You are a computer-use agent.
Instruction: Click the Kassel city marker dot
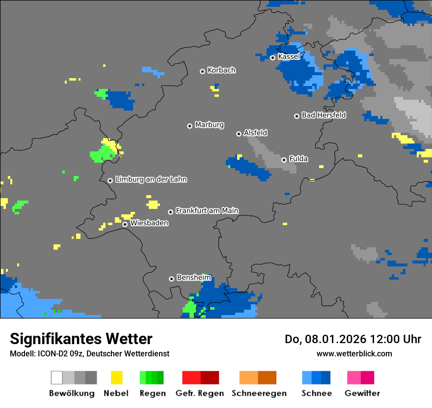point(272,58)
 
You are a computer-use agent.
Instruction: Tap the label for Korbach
point(221,70)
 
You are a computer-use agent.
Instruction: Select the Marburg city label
point(209,125)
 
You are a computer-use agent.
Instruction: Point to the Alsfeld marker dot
point(239,134)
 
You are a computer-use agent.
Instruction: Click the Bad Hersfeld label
point(324,115)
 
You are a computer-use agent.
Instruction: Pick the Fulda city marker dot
point(284,160)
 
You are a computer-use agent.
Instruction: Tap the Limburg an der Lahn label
point(151,179)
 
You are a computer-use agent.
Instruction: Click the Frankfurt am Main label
point(207,210)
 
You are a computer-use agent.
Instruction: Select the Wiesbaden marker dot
point(125,224)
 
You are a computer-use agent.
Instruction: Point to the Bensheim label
point(193,278)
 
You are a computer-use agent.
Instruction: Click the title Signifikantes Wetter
point(81,339)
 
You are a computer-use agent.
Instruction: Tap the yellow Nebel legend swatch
point(116,378)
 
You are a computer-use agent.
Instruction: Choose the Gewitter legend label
point(362,393)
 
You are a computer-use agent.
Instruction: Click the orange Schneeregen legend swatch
point(258,378)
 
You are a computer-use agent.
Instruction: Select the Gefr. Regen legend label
point(200,393)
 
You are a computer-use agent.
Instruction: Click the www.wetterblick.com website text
point(354,353)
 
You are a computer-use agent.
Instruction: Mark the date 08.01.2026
point(331,339)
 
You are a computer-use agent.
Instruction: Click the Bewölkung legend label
point(72,393)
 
